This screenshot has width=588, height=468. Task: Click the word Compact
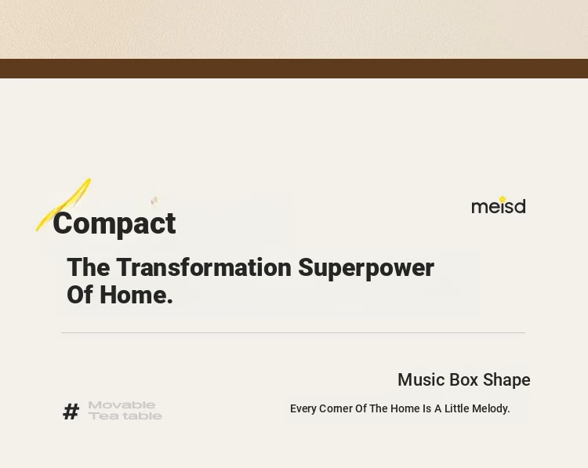pyautogui.click(x=114, y=224)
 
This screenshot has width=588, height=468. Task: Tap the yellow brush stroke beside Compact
pyautogui.click(x=64, y=205)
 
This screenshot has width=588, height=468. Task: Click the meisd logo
pyautogui.click(x=499, y=205)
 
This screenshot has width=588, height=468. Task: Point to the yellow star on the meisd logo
pyautogui.click(x=502, y=199)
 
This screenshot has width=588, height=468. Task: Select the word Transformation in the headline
pyautogui.click(x=204, y=267)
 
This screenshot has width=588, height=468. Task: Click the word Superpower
pyautogui.click(x=366, y=269)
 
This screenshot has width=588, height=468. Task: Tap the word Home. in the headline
pyautogui.click(x=136, y=295)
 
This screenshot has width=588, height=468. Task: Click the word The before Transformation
pyautogui.click(x=89, y=267)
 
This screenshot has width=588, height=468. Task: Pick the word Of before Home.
pyautogui.click(x=79, y=295)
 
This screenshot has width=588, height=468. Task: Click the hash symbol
pyautogui.click(x=71, y=412)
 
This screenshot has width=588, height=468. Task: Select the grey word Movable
pyautogui.click(x=122, y=405)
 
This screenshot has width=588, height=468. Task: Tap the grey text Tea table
pyautogui.click(x=125, y=416)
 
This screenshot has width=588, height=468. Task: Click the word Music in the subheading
pyautogui.click(x=421, y=380)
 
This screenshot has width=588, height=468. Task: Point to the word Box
pyautogui.click(x=463, y=380)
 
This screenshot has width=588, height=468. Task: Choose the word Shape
pyautogui.click(x=506, y=380)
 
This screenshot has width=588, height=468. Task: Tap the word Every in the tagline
pyautogui.click(x=303, y=408)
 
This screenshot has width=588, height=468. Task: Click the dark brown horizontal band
pyautogui.click(x=294, y=68)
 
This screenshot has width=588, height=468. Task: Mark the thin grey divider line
pyautogui.click(x=293, y=332)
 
